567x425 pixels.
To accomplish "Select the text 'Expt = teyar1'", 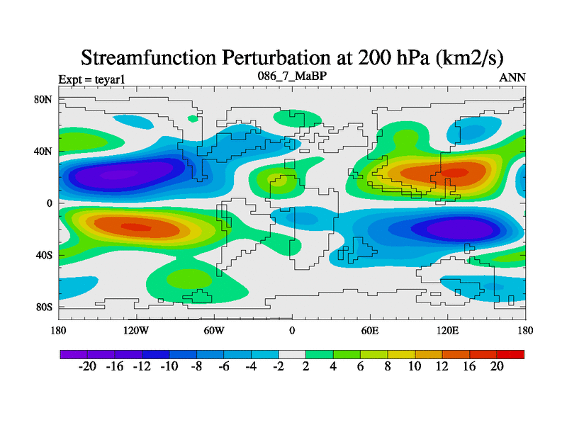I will (91, 79).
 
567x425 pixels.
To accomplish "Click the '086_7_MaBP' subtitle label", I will (291, 76).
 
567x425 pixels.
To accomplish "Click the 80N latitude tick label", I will (44, 99).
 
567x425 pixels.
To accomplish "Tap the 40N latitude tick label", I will (44, 151).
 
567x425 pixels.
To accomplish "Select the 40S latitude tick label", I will (45, 255).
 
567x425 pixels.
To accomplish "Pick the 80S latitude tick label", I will (45, 307).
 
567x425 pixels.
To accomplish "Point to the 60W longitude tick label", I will (214, 330).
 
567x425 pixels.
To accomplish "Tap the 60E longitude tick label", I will (369, 330).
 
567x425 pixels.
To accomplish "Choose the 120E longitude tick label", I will (447, 330).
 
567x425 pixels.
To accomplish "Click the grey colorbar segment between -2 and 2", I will (291, 353).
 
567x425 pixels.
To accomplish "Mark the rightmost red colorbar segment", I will (510, 353).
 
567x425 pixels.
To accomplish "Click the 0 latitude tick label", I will (49, 203).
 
